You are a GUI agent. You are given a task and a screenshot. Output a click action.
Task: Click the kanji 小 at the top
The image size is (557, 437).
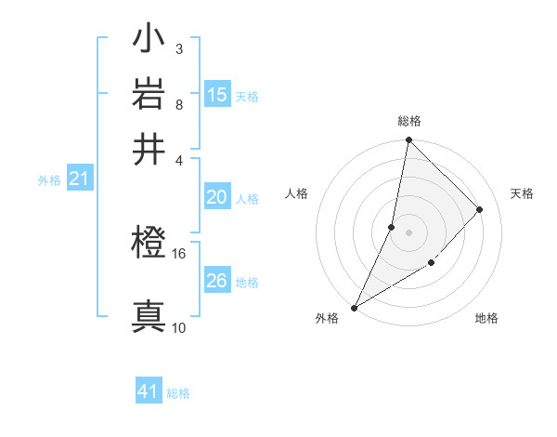pyautogui.click(x=149, y=42)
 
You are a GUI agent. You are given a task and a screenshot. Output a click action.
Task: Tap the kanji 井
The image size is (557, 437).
pyautogui.click(x=149, y=148)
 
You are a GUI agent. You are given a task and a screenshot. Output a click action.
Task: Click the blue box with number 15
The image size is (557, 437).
pyautogui.click(x=217, y=95)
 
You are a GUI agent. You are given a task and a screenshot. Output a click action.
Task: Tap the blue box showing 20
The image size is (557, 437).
pyautogui.click(x=216, y=197)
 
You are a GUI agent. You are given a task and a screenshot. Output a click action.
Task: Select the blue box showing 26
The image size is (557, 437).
pyautogui.click(x=216, y=281)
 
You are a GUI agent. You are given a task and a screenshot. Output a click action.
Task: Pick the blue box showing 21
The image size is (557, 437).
pyautogui.click(x=79, y=179)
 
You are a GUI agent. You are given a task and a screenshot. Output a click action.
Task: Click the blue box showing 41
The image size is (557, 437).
pyautogui.click(x=149, y=391)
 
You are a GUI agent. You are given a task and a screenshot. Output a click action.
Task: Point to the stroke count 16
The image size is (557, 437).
pyautogui.click(x=179, y=252)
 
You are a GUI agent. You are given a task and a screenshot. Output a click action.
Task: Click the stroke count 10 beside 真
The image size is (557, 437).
pyautogui.click(x=179, y=327)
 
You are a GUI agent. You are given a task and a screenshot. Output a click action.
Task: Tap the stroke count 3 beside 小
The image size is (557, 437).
pyautogui.click(x=178, y=48)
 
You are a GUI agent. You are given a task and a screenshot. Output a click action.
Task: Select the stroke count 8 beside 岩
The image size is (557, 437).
pyautogui.click(x=178, y=104)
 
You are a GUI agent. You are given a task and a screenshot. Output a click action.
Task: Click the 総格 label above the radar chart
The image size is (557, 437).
pyautogui.click(x=409, y=121)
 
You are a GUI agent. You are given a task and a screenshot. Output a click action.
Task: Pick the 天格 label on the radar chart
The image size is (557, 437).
pyautogui.click(x=523, y=193)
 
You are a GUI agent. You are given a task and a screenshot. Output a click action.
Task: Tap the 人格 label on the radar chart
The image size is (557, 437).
pyautogui.click(x=296, y=193)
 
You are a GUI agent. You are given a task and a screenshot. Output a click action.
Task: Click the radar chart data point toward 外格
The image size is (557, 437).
pyautogui.click(x=354, y=308)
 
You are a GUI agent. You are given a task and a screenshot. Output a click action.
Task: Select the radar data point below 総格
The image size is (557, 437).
pyautogui.click(x=408, y=139)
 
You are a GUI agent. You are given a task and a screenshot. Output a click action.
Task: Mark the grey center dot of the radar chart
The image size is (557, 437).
pyautogui.click(x=408, y=232)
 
